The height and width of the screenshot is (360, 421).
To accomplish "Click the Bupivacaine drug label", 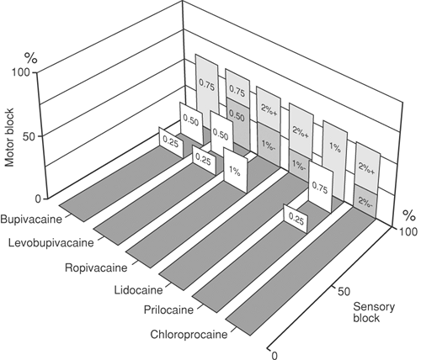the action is pyautogui.click(x=31, y=219).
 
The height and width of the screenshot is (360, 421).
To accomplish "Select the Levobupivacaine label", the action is pyautogui.click(x=51, y=242).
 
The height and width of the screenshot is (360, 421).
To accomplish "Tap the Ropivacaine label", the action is pyautogui.click(x=96, y=267).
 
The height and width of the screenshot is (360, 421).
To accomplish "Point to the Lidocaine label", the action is pyautogui.click(x=138, y=289).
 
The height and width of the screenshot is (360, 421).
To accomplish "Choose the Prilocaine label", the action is pyautogui.click(x=168, y=310).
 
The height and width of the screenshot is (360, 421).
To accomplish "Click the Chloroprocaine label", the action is pyautogui.click(x=189, y=335).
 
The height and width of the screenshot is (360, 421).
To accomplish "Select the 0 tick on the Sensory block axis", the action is pyautogui.click(x=274, y=355).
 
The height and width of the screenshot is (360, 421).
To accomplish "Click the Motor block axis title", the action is pyautogui.click(x=9, y=137).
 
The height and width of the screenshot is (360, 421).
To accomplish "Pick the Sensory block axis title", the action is pyautogui.click(x=374, y=312).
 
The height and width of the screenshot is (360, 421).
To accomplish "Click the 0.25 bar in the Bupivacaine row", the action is pyautogui.click(x=171, y=142).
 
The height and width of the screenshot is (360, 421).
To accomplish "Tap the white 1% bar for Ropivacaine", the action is pyautogui.click(x=235, y=171).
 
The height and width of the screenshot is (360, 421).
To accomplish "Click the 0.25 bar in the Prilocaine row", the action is pyautogui.click(x=296, y=220).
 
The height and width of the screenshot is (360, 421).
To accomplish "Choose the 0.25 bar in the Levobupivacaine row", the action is pyautogui.click(x=204, y=161).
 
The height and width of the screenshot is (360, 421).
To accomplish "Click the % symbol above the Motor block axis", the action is pyautogui.click(x=31, y=58).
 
